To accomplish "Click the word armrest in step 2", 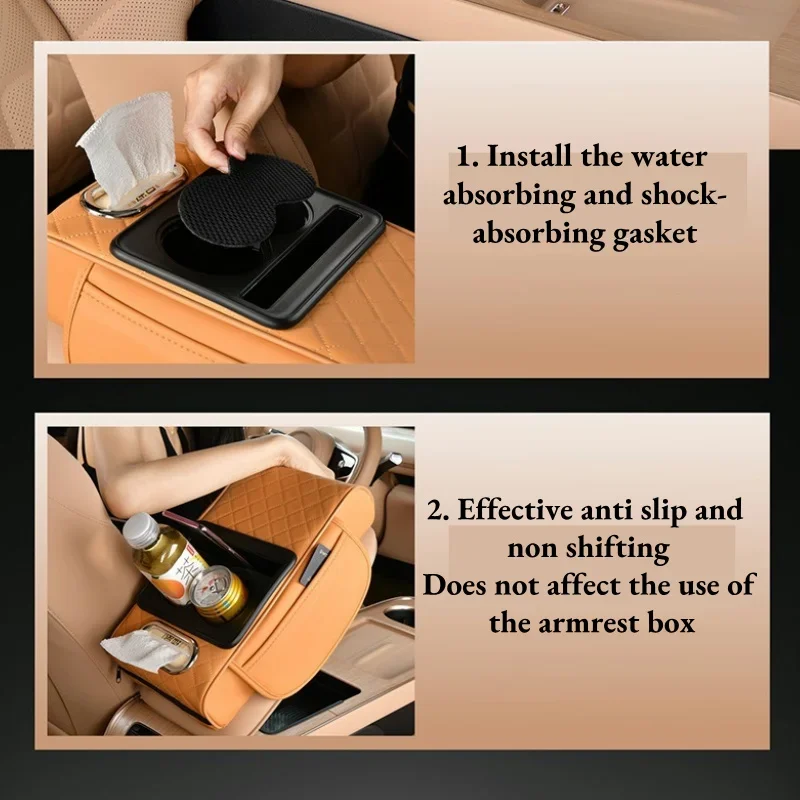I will [590, 623].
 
